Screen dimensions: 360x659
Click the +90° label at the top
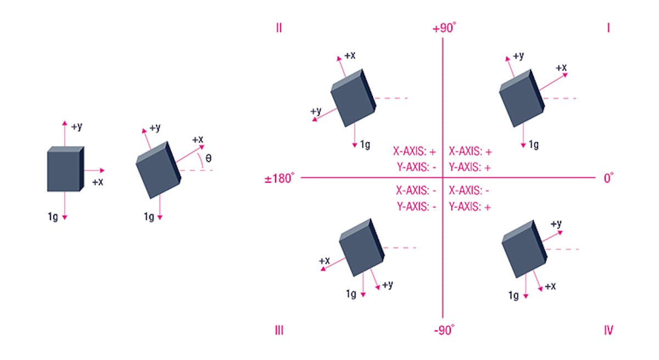(444, 28)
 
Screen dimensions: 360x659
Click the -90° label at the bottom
(444, 330)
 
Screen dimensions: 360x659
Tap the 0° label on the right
(608, 178)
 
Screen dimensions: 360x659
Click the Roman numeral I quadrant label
(608, 28)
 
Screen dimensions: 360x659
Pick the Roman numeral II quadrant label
(279, 28)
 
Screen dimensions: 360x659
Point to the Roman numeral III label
(279, 330)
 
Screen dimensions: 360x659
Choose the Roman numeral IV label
(608, 330)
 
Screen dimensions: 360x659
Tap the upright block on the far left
(65, 170)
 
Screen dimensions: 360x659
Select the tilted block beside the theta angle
(158, 170)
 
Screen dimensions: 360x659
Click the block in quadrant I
(521, 98)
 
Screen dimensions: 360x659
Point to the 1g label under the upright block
(53, 216)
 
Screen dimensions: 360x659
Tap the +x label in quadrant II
(349, 56)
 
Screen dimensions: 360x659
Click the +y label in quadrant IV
(556, 223)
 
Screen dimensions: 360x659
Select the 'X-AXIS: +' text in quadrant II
(414, 151)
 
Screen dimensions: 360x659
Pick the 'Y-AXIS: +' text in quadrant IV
(470, 207)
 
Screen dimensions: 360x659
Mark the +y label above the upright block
(77, 126)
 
